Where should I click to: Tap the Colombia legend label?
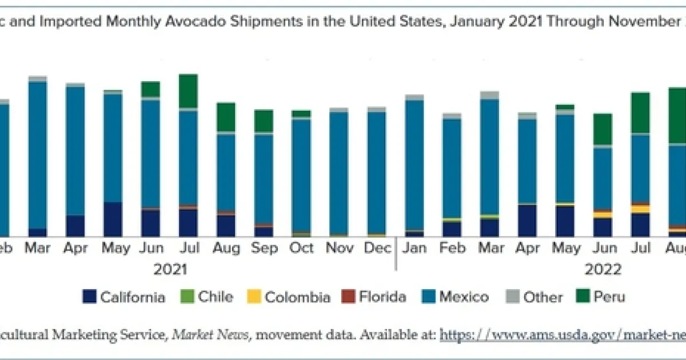pos(289,297)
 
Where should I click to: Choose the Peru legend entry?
pos(600,297)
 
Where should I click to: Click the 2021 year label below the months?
pos(170,269)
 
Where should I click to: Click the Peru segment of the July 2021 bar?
pos(188,90)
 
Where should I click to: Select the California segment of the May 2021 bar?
pos(113,219)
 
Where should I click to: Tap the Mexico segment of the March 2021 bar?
pos(38,154)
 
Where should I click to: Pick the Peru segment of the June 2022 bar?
pos(602,129)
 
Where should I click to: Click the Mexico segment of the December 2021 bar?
pos(377,171)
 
